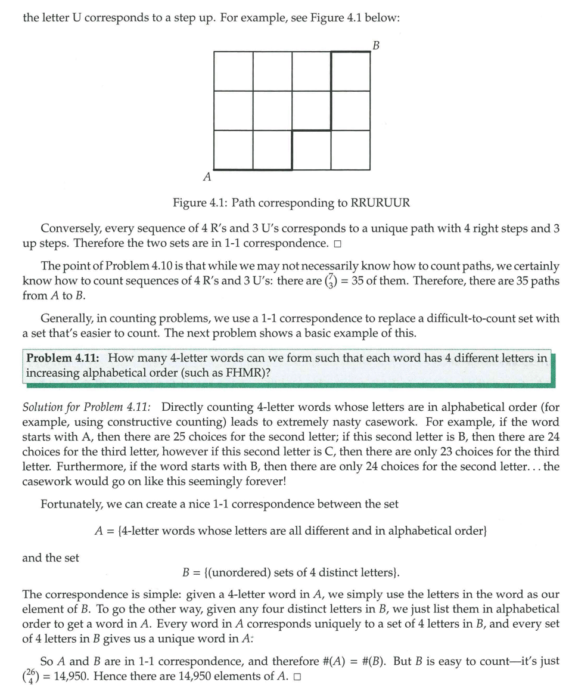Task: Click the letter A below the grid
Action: pyautogui.click(x=207, y=176)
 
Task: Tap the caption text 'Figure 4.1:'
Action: pyautogui.click(x=200, y=203)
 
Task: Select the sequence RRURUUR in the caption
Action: pyautogui.click(x=381, y=203)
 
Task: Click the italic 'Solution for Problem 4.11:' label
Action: pyautogui.click(x=86, y=407)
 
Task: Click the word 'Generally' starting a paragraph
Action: pyautogui.click(x=65, y=318)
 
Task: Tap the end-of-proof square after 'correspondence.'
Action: pyautogui.click(x=337, y=244)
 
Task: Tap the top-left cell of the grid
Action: pyautogui.click(x=233, y=72)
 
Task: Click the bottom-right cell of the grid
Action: pyautogui.click(x=350, y=150)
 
